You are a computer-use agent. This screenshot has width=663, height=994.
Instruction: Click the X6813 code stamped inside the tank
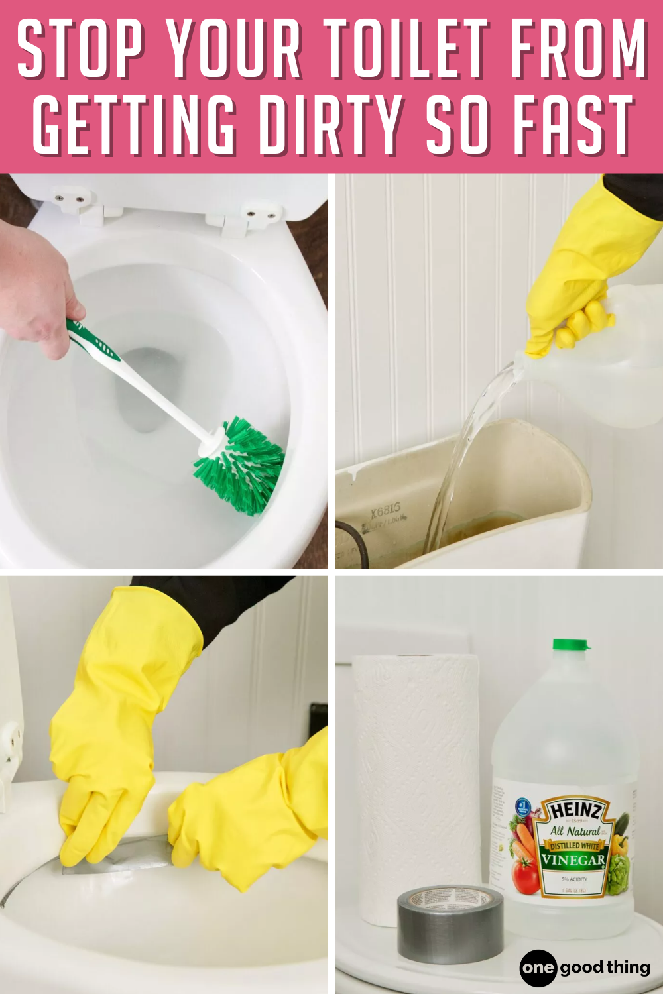(385, 510)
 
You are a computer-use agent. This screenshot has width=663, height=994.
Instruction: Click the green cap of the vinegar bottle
(571, 645)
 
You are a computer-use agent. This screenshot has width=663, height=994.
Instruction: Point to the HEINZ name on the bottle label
(575, 811)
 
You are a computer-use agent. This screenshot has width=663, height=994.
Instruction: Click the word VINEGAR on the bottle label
(573, 860)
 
